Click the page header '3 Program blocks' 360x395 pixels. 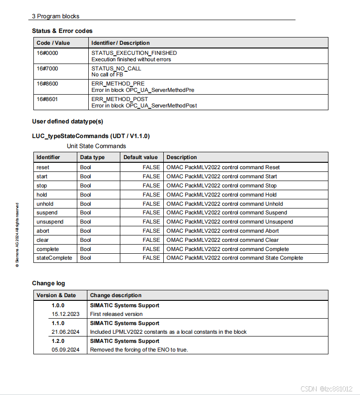(x=55, y=16)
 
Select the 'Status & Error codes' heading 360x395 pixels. (x=62, y=31)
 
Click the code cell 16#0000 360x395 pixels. (x=48, y=53)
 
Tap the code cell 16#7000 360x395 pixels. (x=48, y=69)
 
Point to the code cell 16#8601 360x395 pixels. (x=48, y=99)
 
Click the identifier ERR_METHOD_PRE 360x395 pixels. (x=118, y=84)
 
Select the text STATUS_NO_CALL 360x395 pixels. (x=116, y=69)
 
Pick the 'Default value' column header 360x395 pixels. (x=140, y=157)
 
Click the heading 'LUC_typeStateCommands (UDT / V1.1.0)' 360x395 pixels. (x=91, y=136)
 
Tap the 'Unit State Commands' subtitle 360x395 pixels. (x=96, y=146)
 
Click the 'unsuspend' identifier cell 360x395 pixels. (x=50, y=222)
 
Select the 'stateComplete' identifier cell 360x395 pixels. (x=54, y=258)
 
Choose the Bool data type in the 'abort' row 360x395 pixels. (x=86, y=231)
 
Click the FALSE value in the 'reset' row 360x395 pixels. (x=151, y=167)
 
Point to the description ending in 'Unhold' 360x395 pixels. (x=225, y=204)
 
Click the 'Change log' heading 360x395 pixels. (x=48, y=283)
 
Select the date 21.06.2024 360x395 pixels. (x=65, y=332)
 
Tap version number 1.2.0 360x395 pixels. (x=58, y=341)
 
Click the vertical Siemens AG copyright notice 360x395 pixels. (x=17, y=235)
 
